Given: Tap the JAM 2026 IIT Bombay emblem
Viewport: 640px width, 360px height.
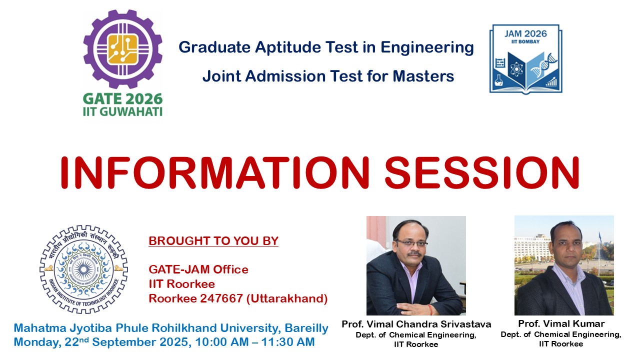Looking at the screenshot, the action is click(525, 59).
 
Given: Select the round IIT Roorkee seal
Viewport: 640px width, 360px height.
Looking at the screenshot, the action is click(83, 269).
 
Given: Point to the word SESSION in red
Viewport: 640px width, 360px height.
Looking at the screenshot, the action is click(482, 173).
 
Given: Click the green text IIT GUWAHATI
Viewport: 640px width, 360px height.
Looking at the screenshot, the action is click(123, 111).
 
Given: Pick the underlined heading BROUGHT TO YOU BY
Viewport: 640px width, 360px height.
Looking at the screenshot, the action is click(213, 241).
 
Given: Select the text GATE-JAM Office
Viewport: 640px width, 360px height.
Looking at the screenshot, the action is click(198, 269).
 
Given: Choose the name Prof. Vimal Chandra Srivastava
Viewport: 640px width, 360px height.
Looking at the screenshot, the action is click(416, 324).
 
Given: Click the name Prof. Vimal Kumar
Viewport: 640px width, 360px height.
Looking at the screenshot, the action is click(561, 323).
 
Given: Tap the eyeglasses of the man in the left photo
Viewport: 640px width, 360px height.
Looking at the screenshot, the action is click(411, 243).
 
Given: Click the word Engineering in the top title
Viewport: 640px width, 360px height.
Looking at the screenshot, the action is click(427, 47).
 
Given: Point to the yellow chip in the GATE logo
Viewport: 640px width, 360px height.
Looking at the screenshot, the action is click(123, 49).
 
